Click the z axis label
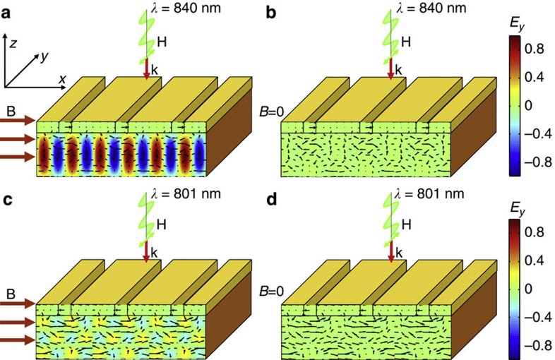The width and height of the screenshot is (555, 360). (15, 43)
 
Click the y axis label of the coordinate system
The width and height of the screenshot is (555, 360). (45, 56)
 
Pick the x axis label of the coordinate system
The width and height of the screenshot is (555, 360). (62, 80)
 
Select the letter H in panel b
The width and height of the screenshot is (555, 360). (405, 43)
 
